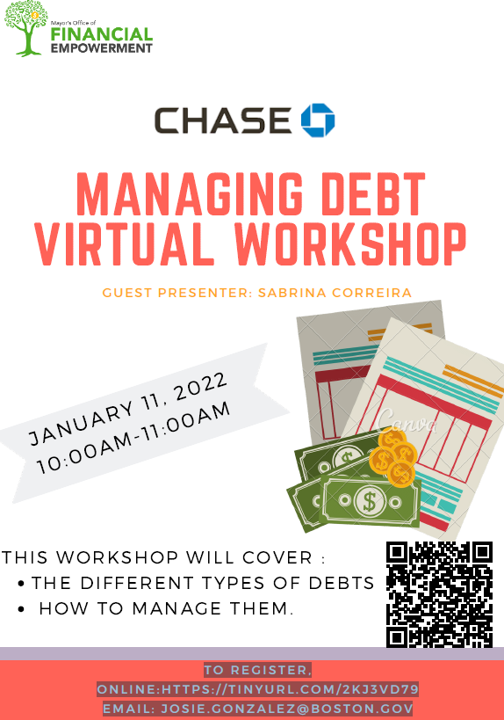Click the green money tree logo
pyautogui.click(x=26, y=28)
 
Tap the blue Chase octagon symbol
pyautogui.click(x=318, y=120)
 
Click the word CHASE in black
pyautogui.click(x=223, y=120)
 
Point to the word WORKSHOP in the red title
pyautogui.click(x=351, y=244)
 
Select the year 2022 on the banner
pyautogui.click(x=201, y=387)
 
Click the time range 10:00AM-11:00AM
pyautogui.click(x=133, y=438)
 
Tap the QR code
pyautogui.click(x=439, y=594)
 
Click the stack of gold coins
pyautogui.click(x=393, y=456)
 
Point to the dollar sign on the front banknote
pyautogui.click(x=369, y=501)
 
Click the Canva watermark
pyautogui.click(x=407, y=421)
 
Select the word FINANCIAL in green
pyautogui.click(x=101, y=34)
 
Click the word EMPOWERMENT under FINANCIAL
pyautogui.click(x=101, y=48)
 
